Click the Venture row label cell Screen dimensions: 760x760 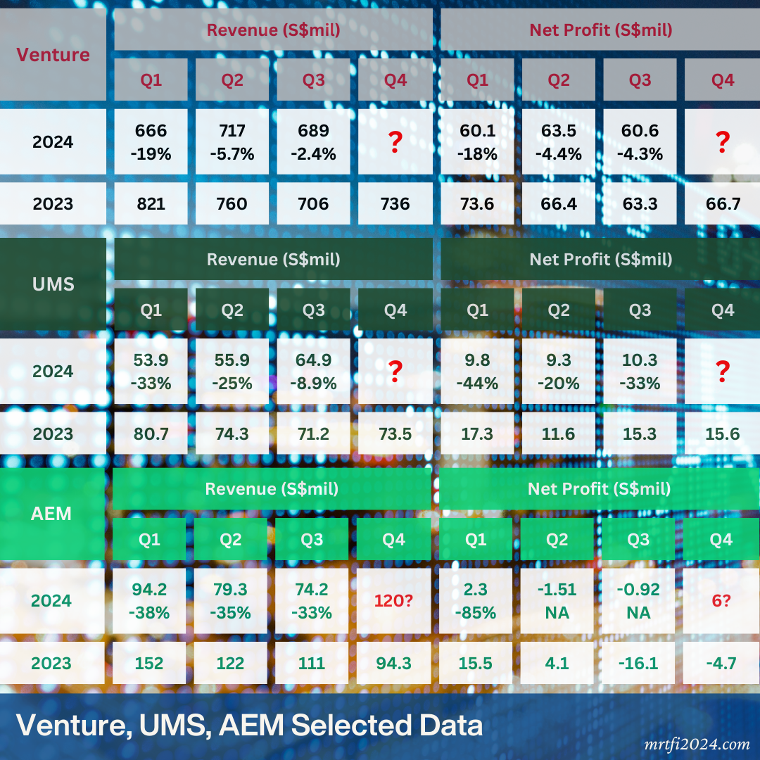tap(53, 55)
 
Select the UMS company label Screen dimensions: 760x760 tap(53, 284)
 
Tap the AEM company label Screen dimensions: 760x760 tap(51, 513)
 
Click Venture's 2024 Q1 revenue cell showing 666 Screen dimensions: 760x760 tap(151, 141)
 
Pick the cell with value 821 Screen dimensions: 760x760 tap(151, 204)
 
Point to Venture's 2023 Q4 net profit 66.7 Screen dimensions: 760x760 tap(722, 204)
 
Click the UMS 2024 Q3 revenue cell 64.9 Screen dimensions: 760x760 tap(313, 371)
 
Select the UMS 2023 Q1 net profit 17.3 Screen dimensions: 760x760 tap(477, 433)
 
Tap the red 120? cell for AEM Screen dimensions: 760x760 tap(393, 600)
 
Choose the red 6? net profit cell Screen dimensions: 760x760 tap(722, 600)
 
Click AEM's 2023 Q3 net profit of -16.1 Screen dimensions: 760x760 tap(640, 663)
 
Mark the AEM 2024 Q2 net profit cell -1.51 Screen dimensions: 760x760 tap(557, 600)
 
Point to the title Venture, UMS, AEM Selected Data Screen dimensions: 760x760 tap(249, 726)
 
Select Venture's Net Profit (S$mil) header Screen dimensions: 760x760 tap(600, 30)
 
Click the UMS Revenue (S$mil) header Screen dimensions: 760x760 tap(273, 259)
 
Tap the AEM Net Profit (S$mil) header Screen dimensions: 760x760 tap(599, 488)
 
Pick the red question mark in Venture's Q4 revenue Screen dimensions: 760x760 tap(395, 141)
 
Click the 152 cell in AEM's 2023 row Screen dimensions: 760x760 tap(150, 663)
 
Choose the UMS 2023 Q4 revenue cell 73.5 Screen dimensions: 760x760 tap(395, 433)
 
